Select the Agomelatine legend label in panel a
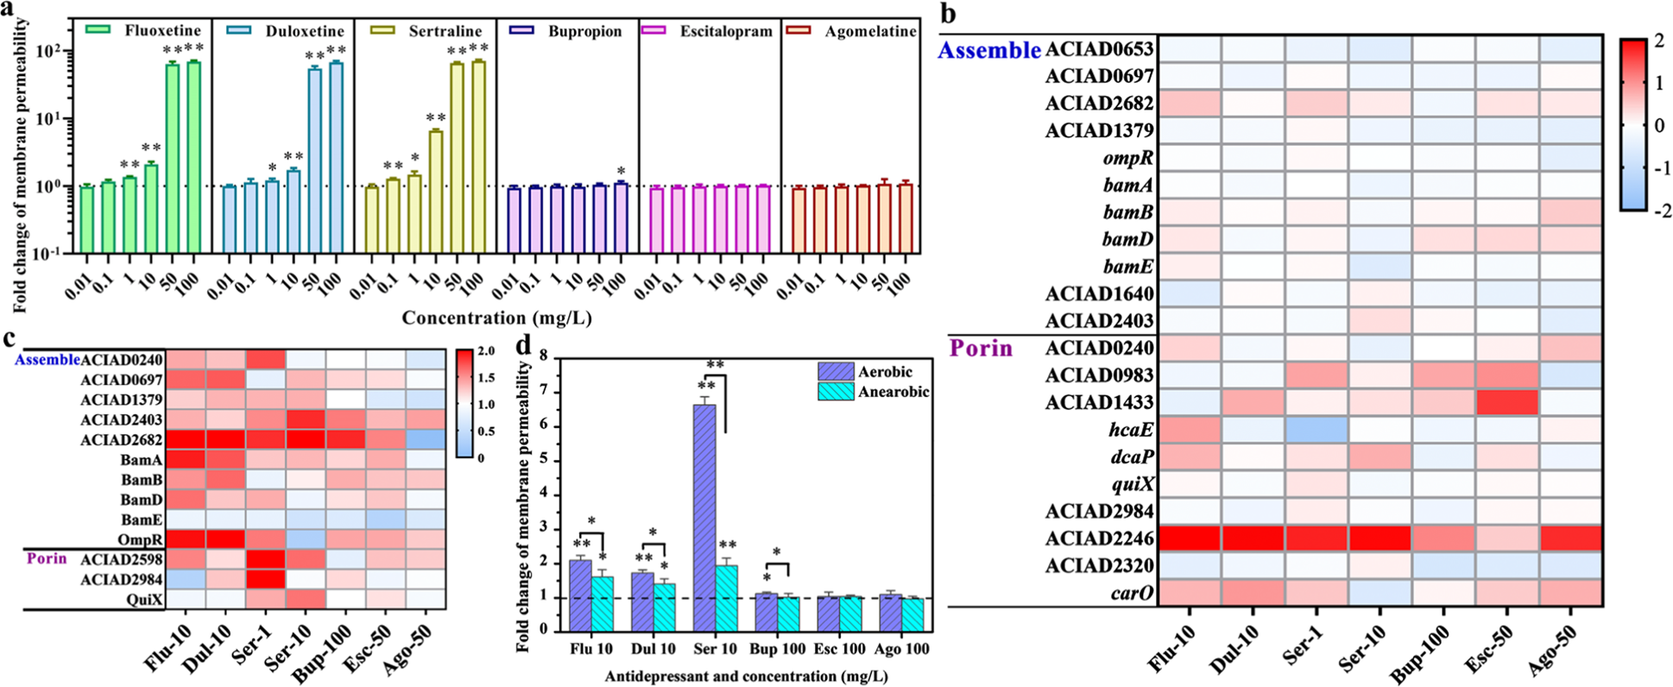click(x=870, y=31)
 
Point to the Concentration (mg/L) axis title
click(x=496, y=318)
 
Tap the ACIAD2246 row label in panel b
click(x=1099, y=539)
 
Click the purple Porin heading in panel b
click(x=981, y=349)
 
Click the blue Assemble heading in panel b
click(x=989, y=50)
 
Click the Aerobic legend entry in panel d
click(x=884, y=372)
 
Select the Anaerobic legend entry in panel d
click(x=893, y=392)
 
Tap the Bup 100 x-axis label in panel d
click(x=778, y=649)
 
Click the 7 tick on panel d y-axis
click(x=544, y=391)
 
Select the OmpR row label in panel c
click(x=141, y=539)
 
